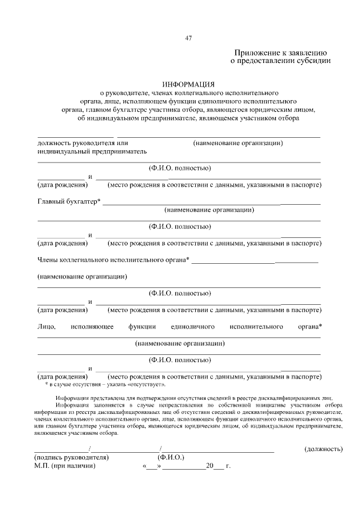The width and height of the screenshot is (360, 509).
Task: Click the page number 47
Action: [189, 38]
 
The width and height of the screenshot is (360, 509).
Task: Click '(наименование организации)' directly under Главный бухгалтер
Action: [210, 210]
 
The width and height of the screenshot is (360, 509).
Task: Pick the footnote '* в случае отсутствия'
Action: [105, 384]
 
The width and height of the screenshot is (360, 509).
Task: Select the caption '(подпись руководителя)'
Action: [71, 457]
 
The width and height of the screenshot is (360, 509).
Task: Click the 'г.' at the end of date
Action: [228, 466]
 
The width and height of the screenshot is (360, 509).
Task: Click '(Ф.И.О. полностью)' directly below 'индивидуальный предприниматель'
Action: [179, 168]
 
